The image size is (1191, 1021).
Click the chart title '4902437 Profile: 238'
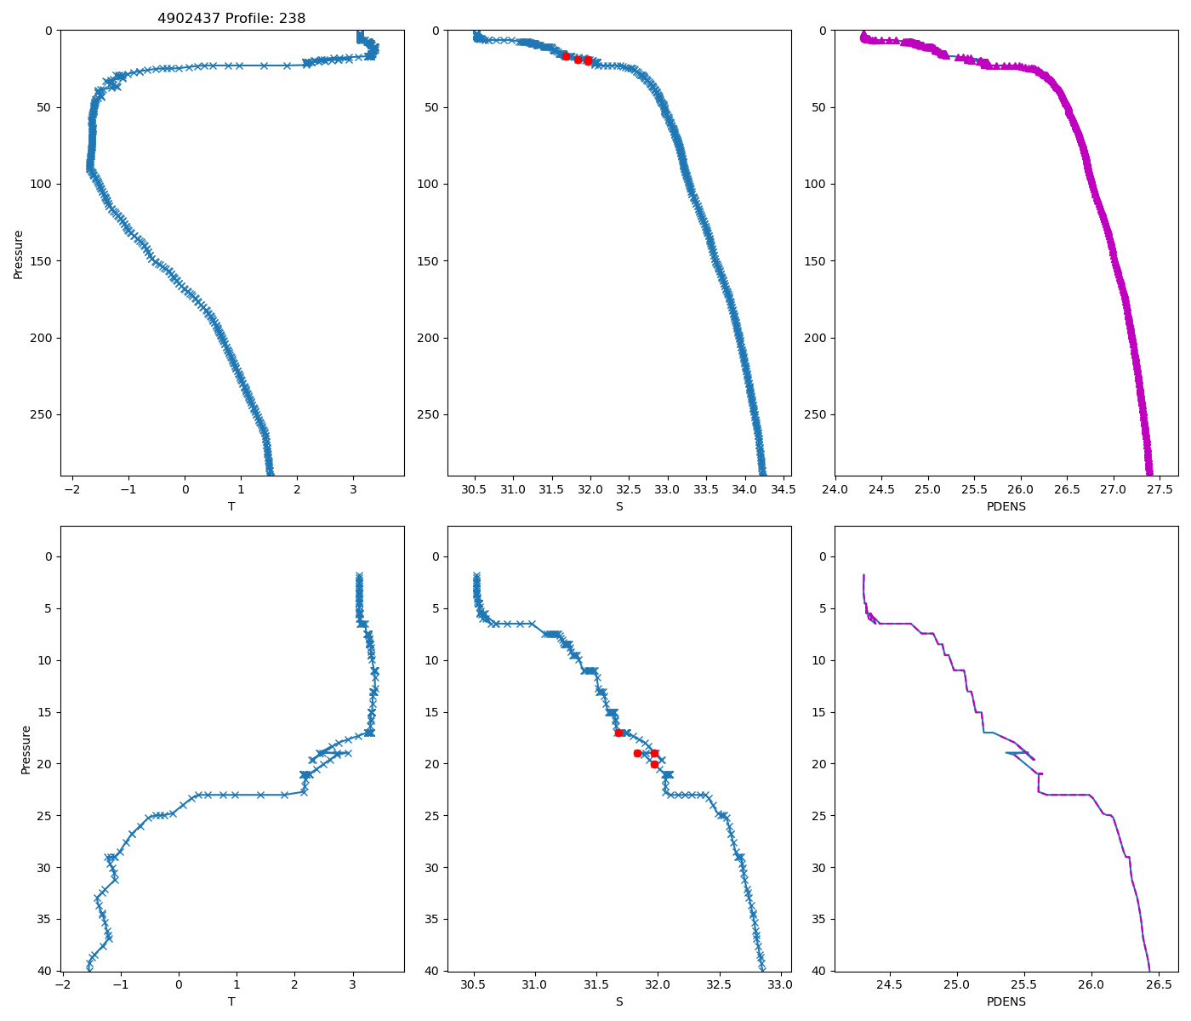[231, 18]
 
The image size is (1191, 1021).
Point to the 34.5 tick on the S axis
[784, 490]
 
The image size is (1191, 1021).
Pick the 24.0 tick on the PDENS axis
[835, 490]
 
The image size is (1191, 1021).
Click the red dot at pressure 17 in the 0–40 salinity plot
[618, 733]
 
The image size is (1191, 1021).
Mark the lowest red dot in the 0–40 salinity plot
[654, 764]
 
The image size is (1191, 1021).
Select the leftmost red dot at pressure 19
[637, 753]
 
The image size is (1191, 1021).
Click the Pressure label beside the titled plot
[18, 254]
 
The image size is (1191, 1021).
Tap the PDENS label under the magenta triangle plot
[1006, 506]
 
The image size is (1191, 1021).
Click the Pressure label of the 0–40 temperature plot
[26, 749]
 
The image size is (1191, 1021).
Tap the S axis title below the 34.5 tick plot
[619, 506]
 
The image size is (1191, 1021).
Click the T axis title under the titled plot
[231, 506]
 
